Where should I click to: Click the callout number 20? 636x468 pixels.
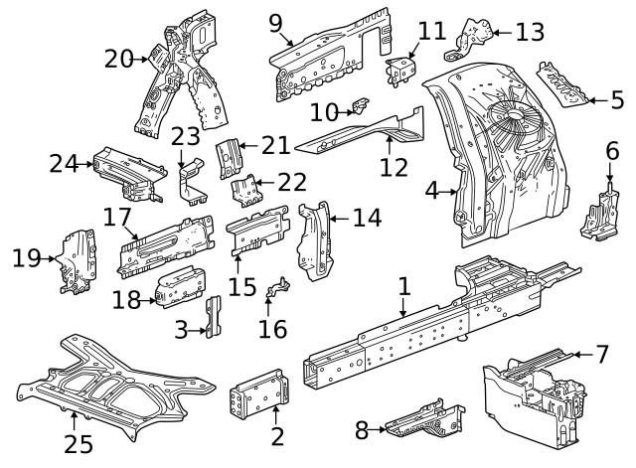click(x=119, y=59)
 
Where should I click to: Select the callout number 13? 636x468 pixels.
click(x=530, y=32)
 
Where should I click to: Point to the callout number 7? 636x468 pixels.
click(x=602, y=352)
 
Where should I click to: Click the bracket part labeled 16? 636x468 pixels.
click(x=278, y=288)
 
